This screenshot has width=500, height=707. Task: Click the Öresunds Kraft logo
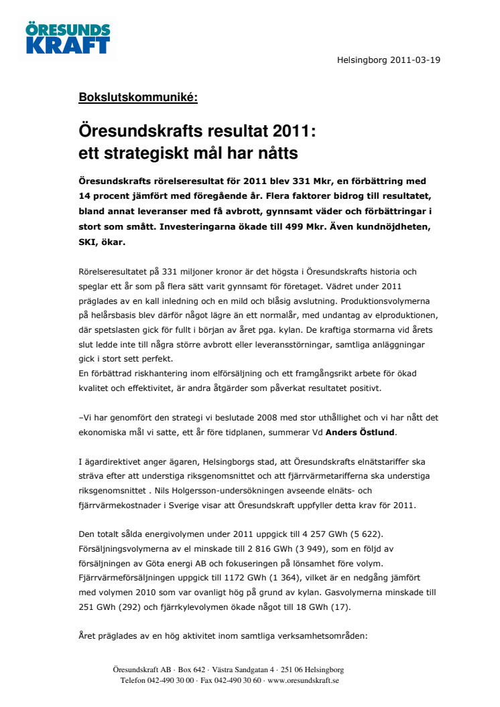pos(68,38)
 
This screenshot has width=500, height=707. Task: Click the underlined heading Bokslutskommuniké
pos(138,98)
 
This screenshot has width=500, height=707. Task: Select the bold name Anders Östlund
pos(361,433)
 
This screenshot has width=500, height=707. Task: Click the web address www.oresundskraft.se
pos(303,680)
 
